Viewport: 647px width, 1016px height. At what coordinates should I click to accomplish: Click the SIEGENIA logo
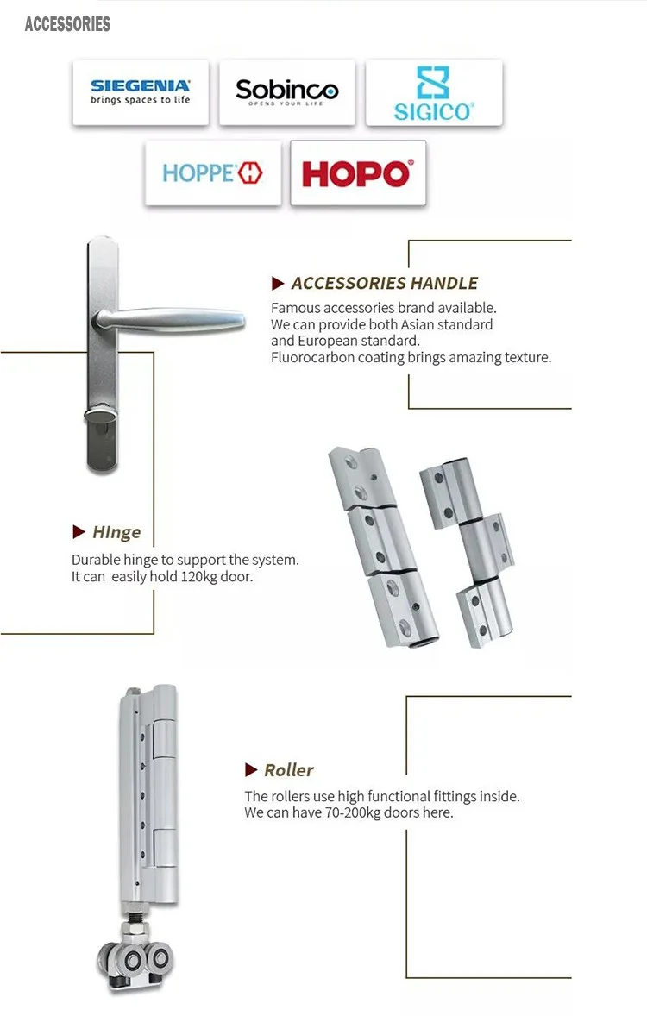(x=140, y=91)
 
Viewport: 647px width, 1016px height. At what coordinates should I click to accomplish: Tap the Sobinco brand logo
(x=286, y=91)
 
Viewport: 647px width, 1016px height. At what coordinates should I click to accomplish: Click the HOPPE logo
(x=212, y=172)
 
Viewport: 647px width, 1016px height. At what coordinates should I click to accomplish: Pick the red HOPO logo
(x=357, y=173)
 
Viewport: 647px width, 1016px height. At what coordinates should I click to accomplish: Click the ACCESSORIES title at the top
(x=67, y=24)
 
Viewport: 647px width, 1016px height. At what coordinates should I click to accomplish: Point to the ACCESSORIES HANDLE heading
(x=384, y=283)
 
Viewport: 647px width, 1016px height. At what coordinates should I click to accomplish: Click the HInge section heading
(x=116, y=532)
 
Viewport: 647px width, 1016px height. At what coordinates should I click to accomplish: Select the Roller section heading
(x=288, y=770)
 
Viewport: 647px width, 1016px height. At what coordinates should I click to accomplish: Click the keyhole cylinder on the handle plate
(x=101, y=419)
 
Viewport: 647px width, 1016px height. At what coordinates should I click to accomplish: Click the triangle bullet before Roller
(x=251, y=770)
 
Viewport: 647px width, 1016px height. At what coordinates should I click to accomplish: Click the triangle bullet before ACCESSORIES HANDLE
(x=278, y=283)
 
